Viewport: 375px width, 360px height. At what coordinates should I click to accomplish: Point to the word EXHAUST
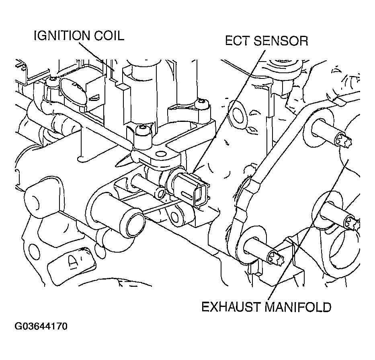click(231, 307)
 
